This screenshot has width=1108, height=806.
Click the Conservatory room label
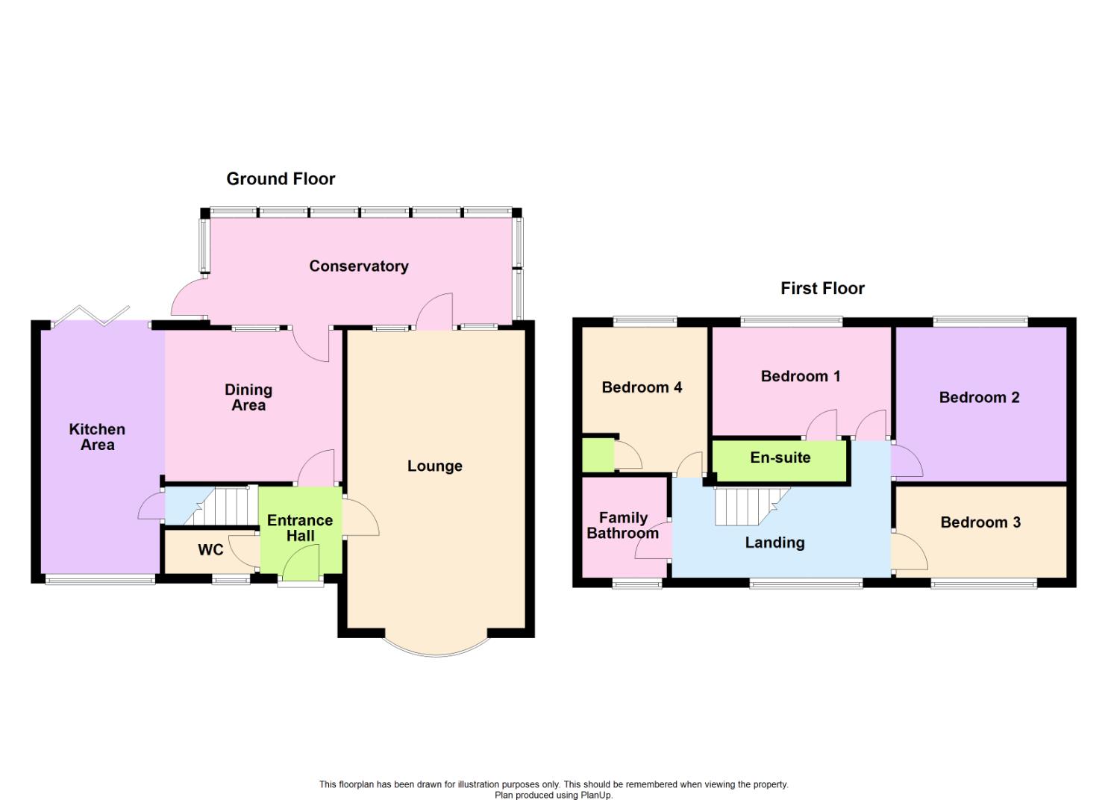click(359, 266)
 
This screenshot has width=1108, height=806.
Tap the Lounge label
click(435, 466)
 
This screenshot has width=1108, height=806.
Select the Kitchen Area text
click(97, 437)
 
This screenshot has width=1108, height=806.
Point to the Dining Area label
click(248, 397)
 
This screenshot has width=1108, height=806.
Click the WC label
click(210, 550)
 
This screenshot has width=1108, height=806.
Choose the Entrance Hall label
click(300, 528)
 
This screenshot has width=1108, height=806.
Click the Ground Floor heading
click(281, 179)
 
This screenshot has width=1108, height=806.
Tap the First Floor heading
click(822, 289)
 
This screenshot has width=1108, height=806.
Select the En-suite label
click(780, 457)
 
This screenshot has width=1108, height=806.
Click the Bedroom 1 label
click(801, 376)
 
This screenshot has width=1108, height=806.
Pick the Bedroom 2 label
click(979, 398)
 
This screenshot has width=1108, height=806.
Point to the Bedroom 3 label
click(980, 522)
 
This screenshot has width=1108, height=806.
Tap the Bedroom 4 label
click(642, 387)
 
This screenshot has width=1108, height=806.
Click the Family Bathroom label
click(623, 525)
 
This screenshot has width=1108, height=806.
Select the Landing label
click(774, 543)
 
